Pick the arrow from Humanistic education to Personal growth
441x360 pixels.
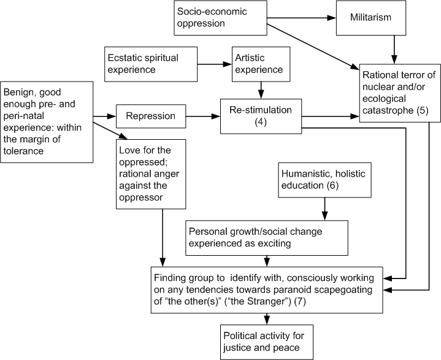[x=323, y=210]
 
